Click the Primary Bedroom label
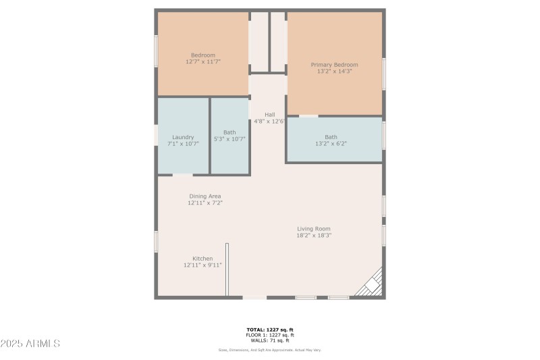pyautogui.click(x=334, y=65)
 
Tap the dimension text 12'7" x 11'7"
pyautogui.click(x=203, y=61)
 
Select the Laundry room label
pyautogui.click(x=183, y=136)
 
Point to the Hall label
pyautogui.click(x=269, y=114)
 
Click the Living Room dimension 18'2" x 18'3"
pyautogui.click(x=314, y=235)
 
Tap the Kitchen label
pyautogui.click(x=202, y=259)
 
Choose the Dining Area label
pyautogui.click(x=205, y=196)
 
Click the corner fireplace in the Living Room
pyautogui.click(x=371, y=284)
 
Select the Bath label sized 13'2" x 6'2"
pyautogui.click(x=331, y=137)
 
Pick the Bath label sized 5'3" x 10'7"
pyautogui.click(x=230, y=132)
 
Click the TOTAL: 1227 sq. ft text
pyautogui.click(x=270, y=330)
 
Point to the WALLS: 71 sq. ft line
pyautogui.click(x=270, y=340)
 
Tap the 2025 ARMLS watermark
pyautogui.click(x=30, y=344)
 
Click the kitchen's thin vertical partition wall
pyautogui.click(x=227, y=269)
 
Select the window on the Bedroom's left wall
pyautogui.click(x=156, y=51)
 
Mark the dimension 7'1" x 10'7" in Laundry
pyautogui.click(x=183, y=143)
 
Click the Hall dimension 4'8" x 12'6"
pyautogui.click(x=269, y=122)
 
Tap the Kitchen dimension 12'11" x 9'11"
pyautogui.click(x=202, y=265)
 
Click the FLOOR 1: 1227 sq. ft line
pyautogui.click(x=270, y=335)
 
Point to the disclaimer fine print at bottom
pyautogui.click(x=270, y=350)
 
